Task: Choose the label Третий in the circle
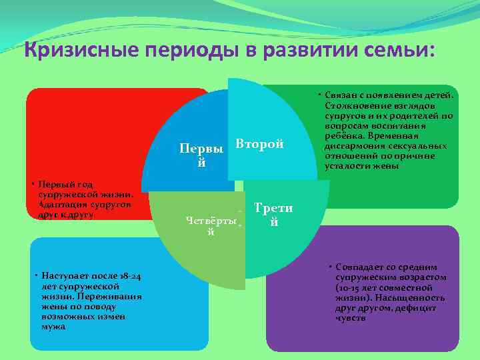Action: pyautogui.click(x=273, y=215)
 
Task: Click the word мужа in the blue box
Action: pyautogui.click(x=53, y=327)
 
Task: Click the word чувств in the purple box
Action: pyautogui.click(x=351, y=318)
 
